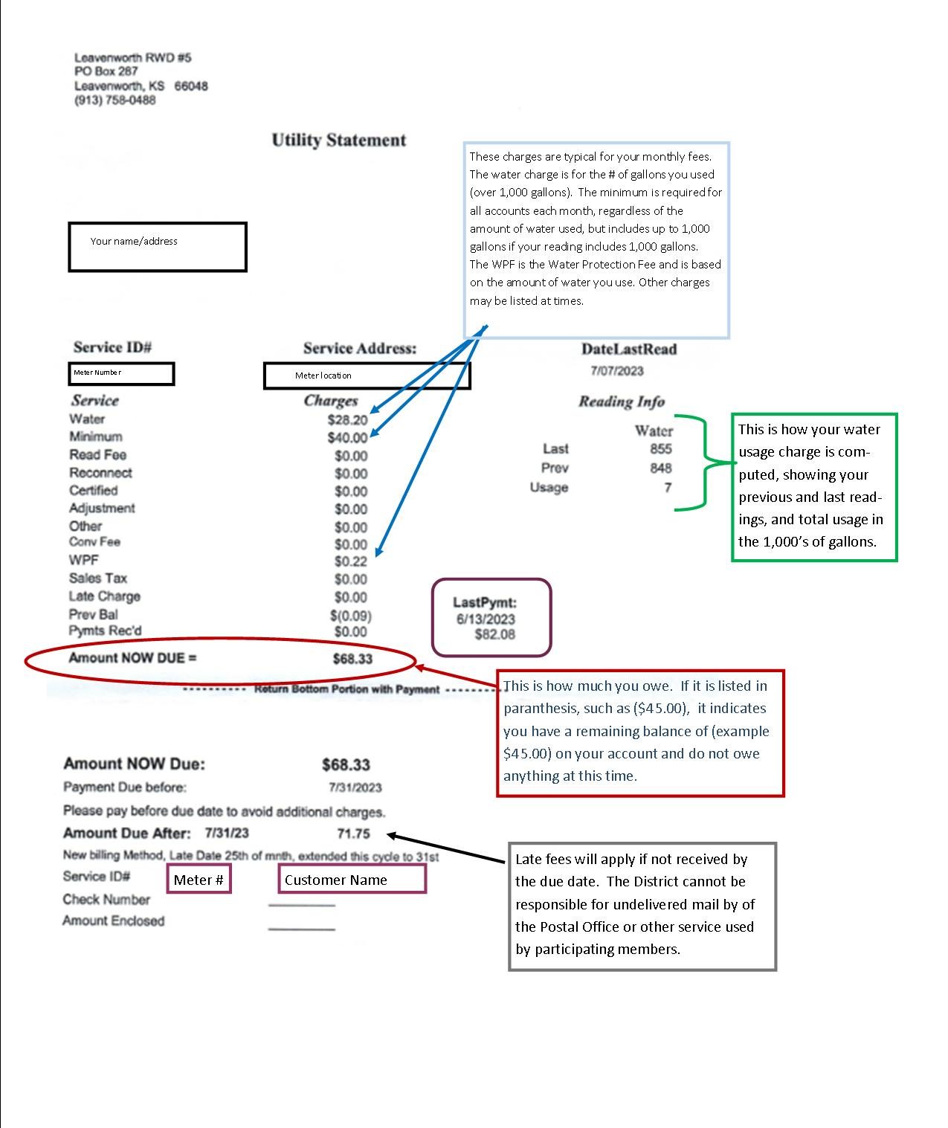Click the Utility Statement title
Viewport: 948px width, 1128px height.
(x=339, y=140)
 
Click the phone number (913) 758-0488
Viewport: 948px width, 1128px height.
(x=115, y=100)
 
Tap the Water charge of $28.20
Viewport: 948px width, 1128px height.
(x=347, y=420)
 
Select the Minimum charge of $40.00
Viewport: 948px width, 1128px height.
(x=347, y=437)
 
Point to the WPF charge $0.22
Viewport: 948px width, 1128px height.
(x=350, y=561)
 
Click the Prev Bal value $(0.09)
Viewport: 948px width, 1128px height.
(x=350, y=616)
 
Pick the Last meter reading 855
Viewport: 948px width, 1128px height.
(x=661, y=449)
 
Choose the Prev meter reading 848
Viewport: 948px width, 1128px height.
(x=661, y=468)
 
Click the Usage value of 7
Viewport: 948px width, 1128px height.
(x=668, y=487)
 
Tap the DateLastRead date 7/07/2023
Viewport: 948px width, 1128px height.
(x=617, y=370)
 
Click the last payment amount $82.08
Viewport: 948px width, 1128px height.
(x=494, y=634)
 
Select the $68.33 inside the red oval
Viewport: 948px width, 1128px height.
(x=352, y=659)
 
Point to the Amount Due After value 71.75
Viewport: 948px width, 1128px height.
(x=353, y=834)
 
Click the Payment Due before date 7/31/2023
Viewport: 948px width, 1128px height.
(x=355, y=787)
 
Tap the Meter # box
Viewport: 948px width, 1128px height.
(x=199, y=878)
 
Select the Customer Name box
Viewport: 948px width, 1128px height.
(x=352, y=878)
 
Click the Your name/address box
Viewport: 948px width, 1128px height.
(x=157, y=247)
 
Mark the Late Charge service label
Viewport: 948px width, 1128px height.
(x=104, y=596)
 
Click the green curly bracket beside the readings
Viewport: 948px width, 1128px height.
(x=705, y=463)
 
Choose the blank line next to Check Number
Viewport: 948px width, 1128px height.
(x=301, y=905)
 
